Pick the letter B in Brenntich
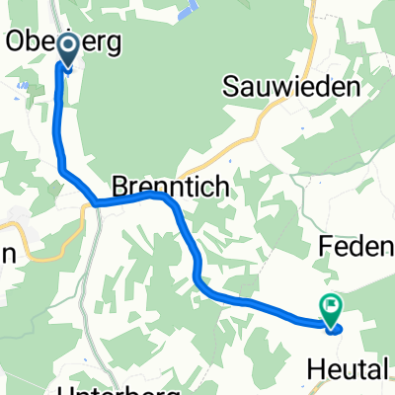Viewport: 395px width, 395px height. point(119,185)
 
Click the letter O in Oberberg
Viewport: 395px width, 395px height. point(18,41)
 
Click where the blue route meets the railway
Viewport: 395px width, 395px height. point(96,202)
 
